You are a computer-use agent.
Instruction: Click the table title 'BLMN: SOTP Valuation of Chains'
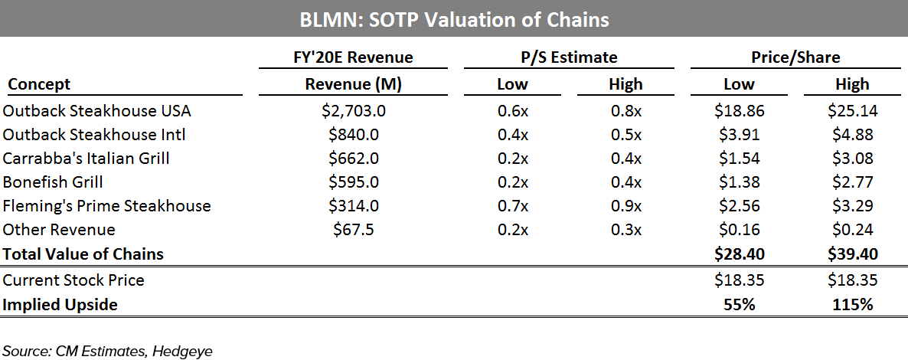pos(454,19)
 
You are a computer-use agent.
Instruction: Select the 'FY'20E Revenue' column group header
pos(354,57)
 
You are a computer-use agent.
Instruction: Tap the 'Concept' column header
pos(39,84)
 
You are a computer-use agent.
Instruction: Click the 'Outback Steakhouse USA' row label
pos(97,111)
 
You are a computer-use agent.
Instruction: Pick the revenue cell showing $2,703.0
pos(354,111)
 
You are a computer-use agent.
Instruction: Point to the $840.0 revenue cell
pos(354,135)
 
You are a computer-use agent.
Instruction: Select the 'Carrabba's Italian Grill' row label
pos(87,159)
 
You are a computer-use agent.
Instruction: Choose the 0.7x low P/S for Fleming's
pos(512,206)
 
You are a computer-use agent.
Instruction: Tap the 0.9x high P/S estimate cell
pos(625,206)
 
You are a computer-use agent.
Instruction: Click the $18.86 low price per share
pos(739,111)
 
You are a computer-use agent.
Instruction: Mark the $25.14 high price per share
pos(852,111)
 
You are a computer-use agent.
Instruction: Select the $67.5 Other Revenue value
pos(354,230)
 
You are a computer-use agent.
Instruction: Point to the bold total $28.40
pos(739,254)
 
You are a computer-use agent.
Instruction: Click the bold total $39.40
pos(852,254)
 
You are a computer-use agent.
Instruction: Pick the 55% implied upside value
pos(739,305)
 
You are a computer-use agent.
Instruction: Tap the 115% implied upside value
pos(852,305)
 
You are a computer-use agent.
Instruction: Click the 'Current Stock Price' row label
pos(73,280)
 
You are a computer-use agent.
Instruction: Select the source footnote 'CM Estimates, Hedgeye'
pos(107,352)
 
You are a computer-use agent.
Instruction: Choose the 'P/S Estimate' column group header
pos(568,57)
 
